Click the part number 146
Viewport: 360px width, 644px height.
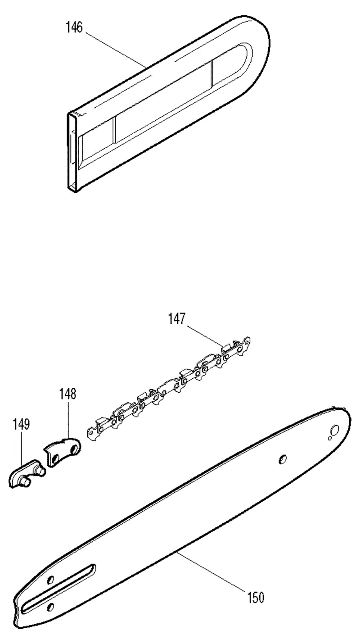[x=74, y=27]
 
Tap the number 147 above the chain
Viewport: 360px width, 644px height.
[x=177, y=319]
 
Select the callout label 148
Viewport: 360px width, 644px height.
[x=68, y=394]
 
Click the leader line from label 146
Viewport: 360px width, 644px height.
[x=116, y=50]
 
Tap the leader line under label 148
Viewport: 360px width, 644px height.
[x=68, y=419]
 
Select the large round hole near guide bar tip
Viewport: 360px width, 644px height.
[x=335, y=430]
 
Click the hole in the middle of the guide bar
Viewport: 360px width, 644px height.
[x=283, y=459]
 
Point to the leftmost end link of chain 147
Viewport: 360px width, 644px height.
[x=94, y=434]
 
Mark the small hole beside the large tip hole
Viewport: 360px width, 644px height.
[x=330, y=438]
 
